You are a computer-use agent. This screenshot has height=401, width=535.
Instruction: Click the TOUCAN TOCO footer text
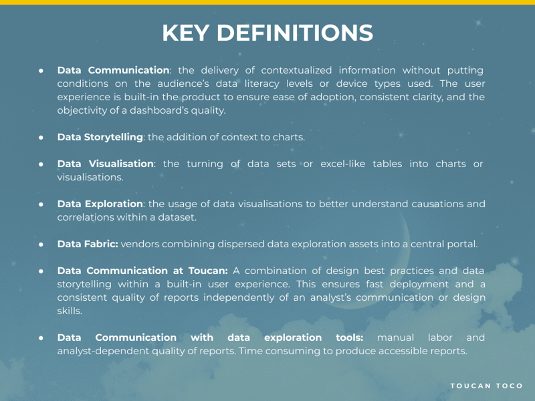click(486, 386)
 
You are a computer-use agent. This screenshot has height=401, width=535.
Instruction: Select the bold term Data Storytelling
click(100, 137)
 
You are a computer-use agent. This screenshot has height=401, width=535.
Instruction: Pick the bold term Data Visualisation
click(106, 164)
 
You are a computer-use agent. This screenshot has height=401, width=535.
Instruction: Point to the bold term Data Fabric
click(88, 244)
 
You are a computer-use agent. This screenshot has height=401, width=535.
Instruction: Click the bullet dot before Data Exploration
click(41, 204)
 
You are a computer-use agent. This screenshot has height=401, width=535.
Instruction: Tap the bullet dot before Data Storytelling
click(41, 137)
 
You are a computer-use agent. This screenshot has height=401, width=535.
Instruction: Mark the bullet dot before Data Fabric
click(41, 244)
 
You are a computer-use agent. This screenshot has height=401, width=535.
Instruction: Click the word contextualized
click(296, 70)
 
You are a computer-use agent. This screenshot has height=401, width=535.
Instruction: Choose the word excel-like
click(347, 164)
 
